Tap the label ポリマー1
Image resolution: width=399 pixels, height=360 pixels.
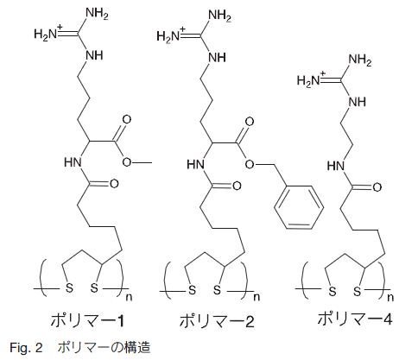tap(87, 320)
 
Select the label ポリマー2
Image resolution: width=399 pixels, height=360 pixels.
tap(217, 320)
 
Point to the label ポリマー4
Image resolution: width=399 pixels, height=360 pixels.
tap(355, 319)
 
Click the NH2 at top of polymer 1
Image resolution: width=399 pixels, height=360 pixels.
tap(97, 14)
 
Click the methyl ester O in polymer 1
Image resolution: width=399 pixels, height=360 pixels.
tap(126, 162)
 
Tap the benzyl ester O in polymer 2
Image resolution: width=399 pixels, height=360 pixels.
tap(250, 164)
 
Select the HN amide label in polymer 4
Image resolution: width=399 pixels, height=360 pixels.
tap(336, 166)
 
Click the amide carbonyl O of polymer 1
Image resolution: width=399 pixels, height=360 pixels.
tap(114, 184)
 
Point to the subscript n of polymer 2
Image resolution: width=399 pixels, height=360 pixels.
tap(256, 297)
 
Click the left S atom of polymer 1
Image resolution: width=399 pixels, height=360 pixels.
tap(69, 287)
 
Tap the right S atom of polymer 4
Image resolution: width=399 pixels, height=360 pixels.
tap(357, 291)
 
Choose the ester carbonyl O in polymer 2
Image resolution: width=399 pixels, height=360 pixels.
tap(250, 122)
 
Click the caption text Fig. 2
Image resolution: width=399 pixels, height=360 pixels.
tap(26, 348)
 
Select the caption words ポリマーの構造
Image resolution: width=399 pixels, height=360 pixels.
tap(104, 348)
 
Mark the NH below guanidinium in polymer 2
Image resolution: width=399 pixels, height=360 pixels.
tap(217, 58)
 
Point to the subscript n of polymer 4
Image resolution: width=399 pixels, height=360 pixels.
tap(390, 297)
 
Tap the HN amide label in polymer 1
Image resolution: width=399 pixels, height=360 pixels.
tap(73, 162)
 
